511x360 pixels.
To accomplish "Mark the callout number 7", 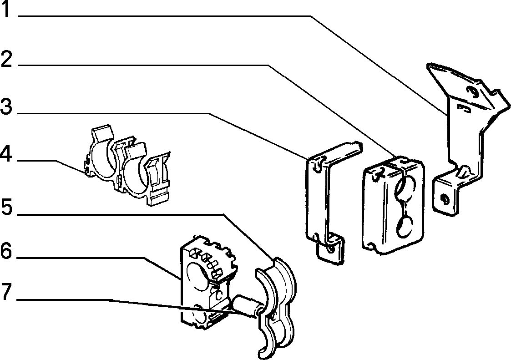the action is click(6, 292).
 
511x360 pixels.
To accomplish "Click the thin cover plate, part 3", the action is click(326, 199).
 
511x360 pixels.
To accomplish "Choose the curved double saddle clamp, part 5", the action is click(276, 306).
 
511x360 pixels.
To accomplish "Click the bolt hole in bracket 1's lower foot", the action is click(443, 198).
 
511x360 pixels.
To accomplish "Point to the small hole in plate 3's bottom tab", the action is click(331, 249).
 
